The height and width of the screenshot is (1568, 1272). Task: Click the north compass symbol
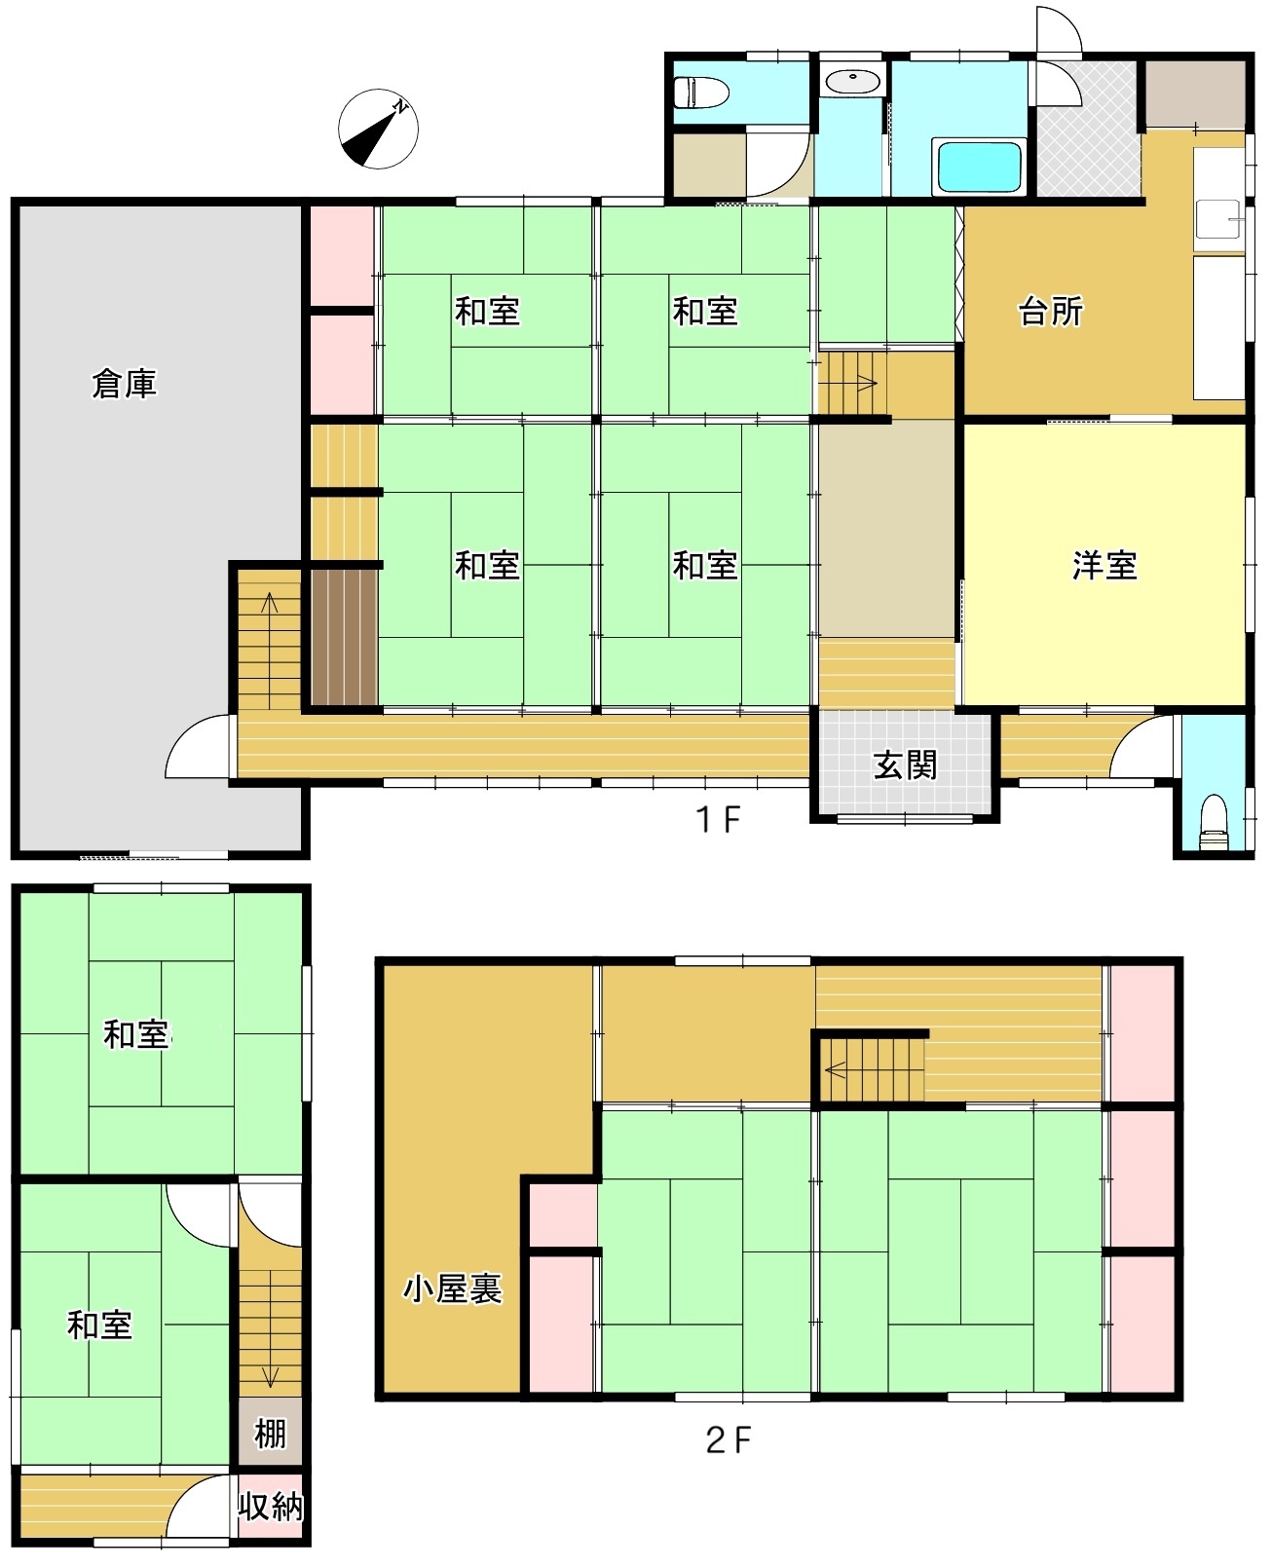pos(378,129)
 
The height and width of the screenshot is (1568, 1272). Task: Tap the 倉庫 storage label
pos(125,384)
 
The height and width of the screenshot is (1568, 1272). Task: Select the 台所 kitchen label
pos(1051,312)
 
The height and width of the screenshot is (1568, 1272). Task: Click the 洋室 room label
pos(1104,566)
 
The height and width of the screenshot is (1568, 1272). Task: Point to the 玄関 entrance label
pos(906,765)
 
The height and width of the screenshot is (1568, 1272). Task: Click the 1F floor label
pos(718,819)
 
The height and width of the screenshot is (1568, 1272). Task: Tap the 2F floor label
pos(728,1439)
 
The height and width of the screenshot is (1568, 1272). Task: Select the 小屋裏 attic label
pos(452,1289)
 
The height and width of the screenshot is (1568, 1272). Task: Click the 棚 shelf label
pos(270,1434)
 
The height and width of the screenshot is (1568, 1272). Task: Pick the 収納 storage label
pos(270,1507)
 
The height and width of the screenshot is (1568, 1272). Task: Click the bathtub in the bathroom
pos(978,168)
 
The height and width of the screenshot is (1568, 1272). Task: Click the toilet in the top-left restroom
pos(701,92)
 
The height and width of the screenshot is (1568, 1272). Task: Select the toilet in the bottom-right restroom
pos(1214,821)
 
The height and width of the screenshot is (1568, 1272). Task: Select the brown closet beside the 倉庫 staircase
pos(344,638)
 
